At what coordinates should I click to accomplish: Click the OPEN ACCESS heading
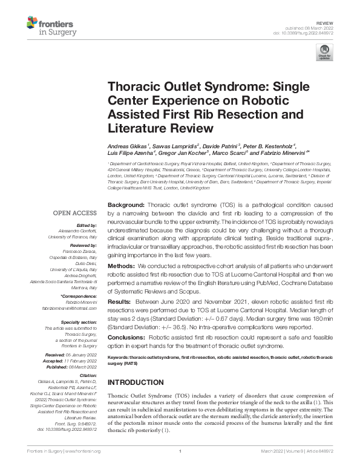[x=74, y=213]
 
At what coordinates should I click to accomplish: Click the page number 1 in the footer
[x=180, y=466]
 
